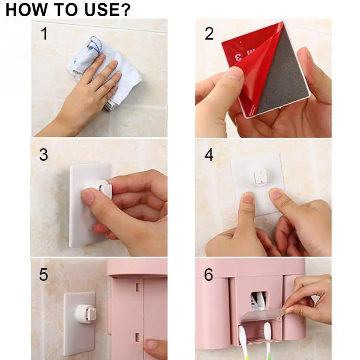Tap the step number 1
click(45, 33)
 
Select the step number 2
click(209, 34)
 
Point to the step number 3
click(44, 154)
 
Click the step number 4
click(209, 154)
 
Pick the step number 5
click(44, 274)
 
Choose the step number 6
click(208, 274)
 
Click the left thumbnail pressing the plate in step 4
click(247, 198)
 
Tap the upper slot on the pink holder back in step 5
click(138, 287)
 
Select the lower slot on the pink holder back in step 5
click(137, 337)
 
